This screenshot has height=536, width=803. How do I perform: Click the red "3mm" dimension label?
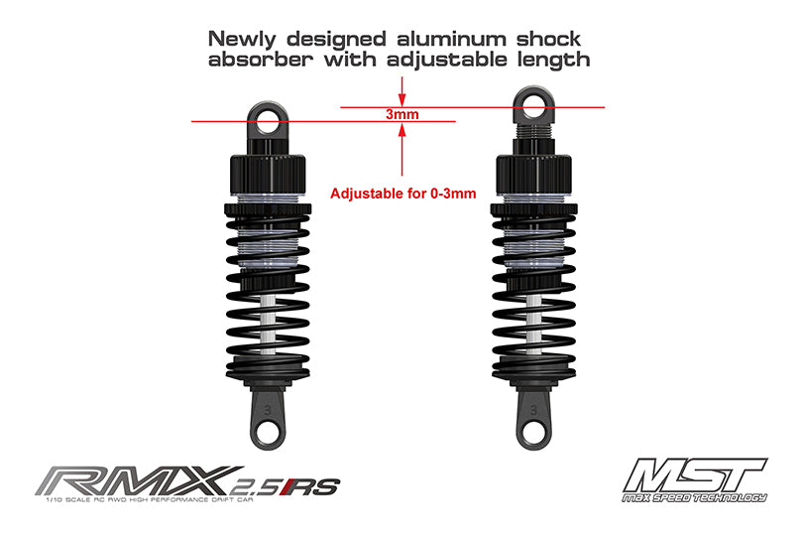coord(401,115)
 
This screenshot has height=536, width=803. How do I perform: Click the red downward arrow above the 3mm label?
coord(401,94)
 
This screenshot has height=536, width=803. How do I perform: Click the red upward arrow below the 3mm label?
coord(401,139)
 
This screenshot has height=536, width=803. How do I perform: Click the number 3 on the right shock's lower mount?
coord(535,405)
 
